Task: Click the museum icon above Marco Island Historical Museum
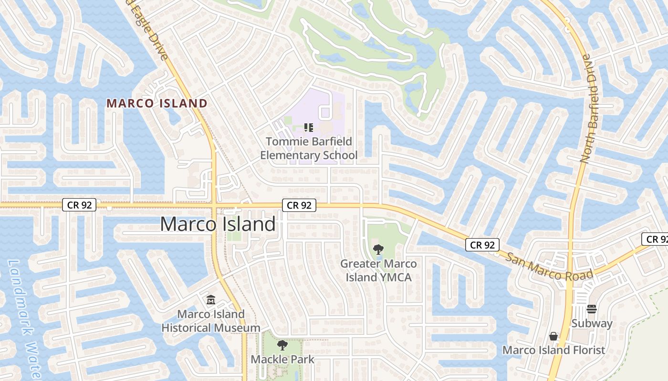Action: click(210, 300)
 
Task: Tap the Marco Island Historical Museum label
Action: click(211, 321)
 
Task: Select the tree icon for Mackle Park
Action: click(282, 345)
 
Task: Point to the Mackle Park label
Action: click(282, 359)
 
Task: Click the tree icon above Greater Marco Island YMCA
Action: click(378, 249)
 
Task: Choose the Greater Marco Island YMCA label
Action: click(378, 270)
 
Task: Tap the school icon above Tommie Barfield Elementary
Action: click(308, 127)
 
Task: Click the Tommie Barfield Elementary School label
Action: click(308, 148)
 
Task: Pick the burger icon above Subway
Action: click(592, 309)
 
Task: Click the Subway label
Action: click(592, 323)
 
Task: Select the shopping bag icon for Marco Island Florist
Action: click(553, 336)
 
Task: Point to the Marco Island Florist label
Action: click(553, 350)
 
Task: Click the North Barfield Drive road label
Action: click(589, 109)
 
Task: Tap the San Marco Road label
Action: click(549, 266)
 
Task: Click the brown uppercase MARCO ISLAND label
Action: click(157, 103)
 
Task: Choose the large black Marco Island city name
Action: click(218, 224)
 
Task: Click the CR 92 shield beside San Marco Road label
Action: click(482, 245)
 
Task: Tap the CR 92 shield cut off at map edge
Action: click(657, 239)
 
